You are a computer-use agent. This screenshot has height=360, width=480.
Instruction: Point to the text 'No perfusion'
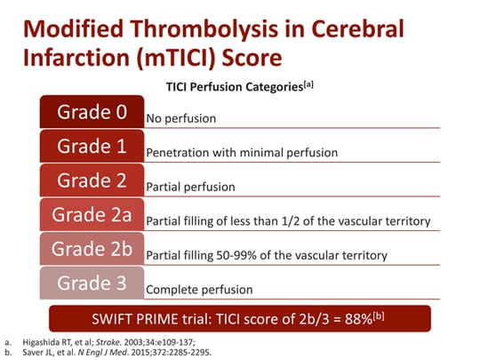[180, 118]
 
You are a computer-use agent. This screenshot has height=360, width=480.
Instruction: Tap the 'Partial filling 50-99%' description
[266, 255]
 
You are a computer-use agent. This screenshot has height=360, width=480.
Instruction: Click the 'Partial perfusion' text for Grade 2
[189, 187]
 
